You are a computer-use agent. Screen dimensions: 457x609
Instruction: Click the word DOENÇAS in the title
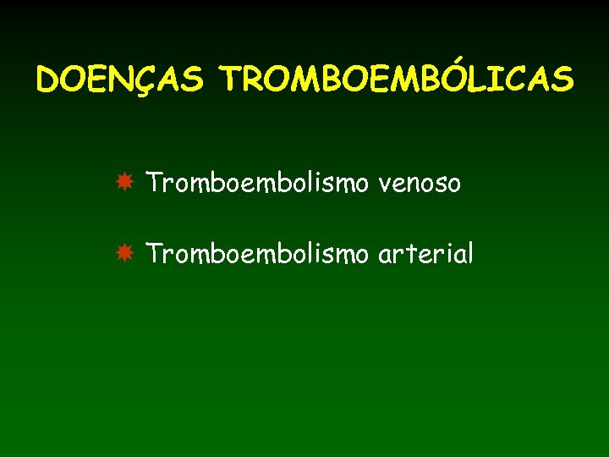coord(119,80)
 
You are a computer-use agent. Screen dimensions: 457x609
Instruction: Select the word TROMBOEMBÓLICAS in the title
coord(397,80)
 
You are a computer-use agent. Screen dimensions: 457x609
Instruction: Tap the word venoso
coord(420,182)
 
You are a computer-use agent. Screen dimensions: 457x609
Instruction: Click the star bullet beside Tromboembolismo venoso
coord(124,182)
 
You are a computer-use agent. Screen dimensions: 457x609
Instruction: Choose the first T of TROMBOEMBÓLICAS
coord(232,80)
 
